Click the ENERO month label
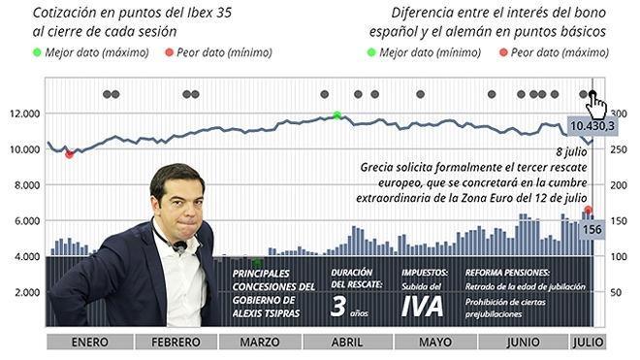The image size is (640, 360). click(88, 343)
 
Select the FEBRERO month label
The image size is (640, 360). click(174, 343)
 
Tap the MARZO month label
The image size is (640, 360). click(259, 343)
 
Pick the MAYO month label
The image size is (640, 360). click(433, 343)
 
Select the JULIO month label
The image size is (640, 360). click(588, 343)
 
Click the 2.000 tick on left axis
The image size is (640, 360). click(24, 292)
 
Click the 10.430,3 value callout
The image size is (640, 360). click(594, 126)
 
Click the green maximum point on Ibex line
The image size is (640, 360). click(336, 115)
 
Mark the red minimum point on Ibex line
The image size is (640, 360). click(69, 153)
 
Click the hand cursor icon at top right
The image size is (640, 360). click(597, 103)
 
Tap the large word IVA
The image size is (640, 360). click(424, 306)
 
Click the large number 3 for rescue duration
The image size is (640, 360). click(338, 307)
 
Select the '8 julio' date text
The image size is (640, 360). click(572, 153)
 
